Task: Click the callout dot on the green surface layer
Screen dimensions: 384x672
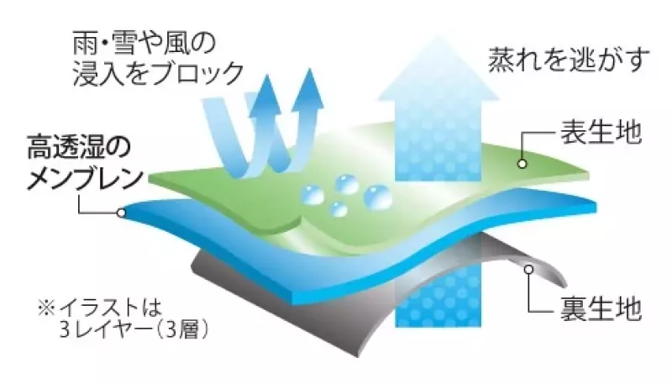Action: pos(521,163)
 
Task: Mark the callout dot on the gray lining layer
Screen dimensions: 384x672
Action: pos(529,270)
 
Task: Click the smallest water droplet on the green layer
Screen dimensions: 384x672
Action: pos(339,209)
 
